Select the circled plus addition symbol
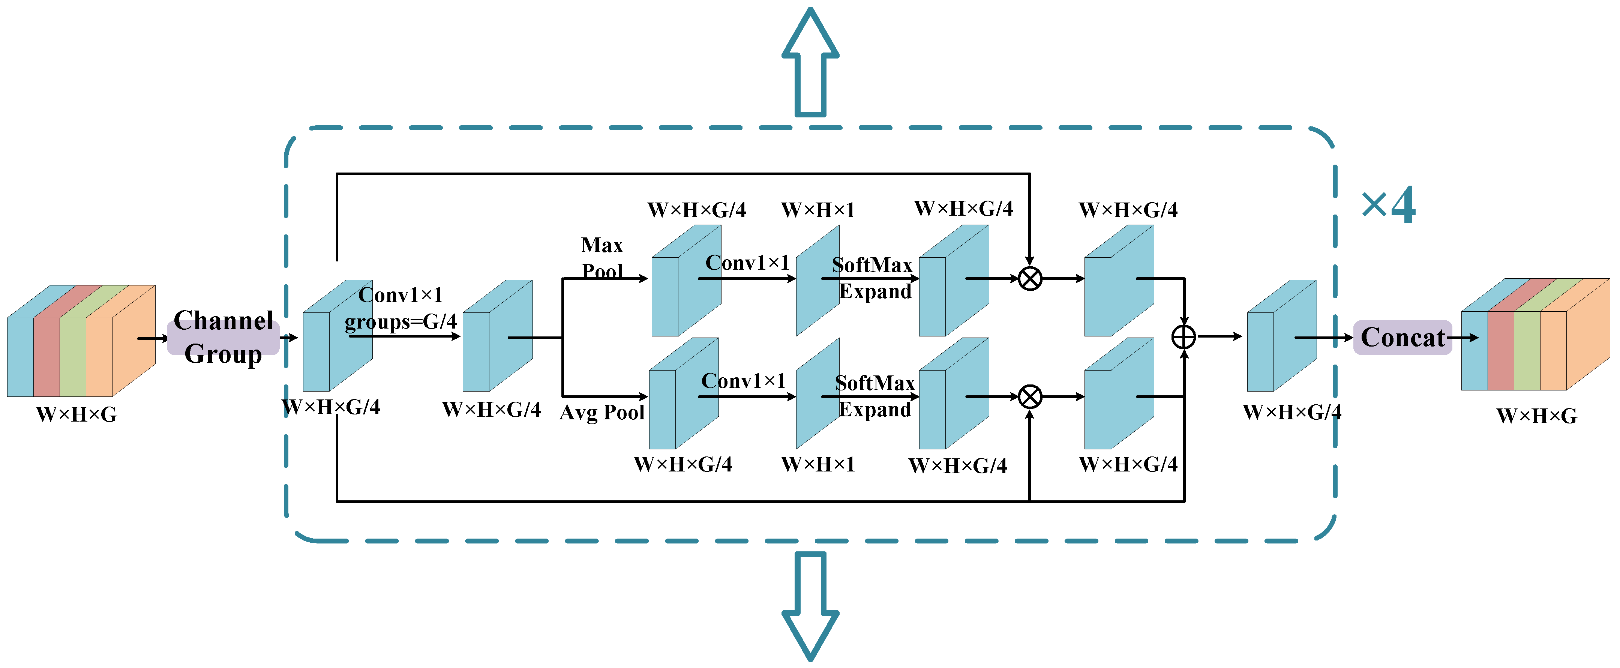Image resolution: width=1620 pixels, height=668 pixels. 1183,337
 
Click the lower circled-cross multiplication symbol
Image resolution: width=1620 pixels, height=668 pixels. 1029,397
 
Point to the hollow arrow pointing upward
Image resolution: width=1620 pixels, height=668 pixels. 810,63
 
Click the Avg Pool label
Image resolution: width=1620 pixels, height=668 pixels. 602,413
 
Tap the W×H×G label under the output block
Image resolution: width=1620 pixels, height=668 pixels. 1536,416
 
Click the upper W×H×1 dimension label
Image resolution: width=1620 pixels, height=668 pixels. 817,210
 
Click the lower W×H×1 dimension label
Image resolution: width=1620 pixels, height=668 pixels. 817,464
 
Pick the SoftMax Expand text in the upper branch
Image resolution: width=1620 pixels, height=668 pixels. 873,278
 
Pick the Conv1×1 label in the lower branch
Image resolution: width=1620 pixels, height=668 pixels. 743,381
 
